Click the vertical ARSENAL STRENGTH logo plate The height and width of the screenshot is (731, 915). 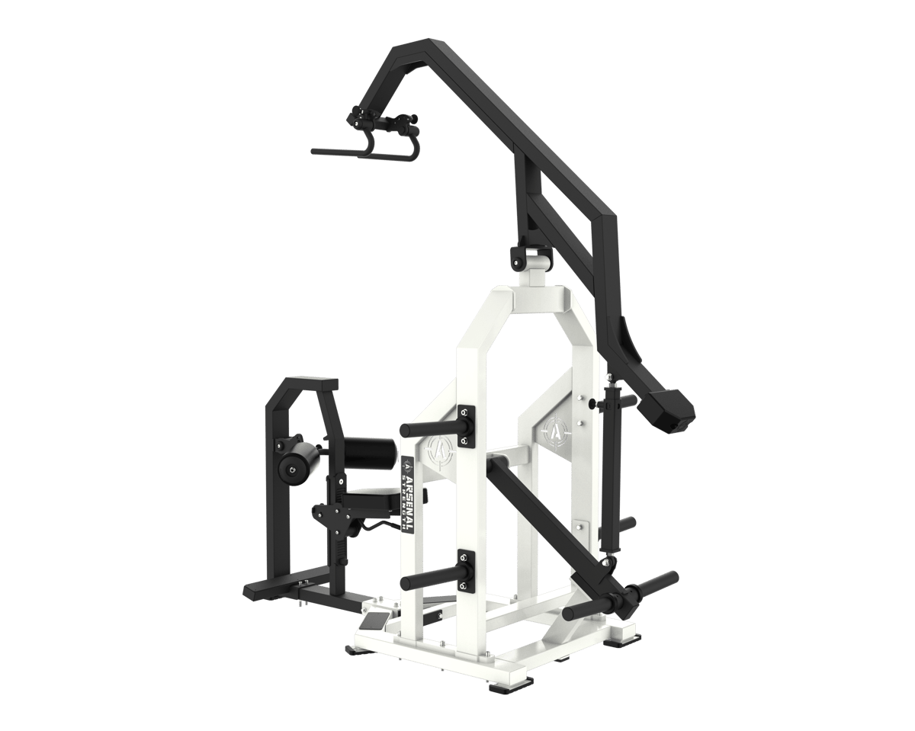(x=408, y=494)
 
